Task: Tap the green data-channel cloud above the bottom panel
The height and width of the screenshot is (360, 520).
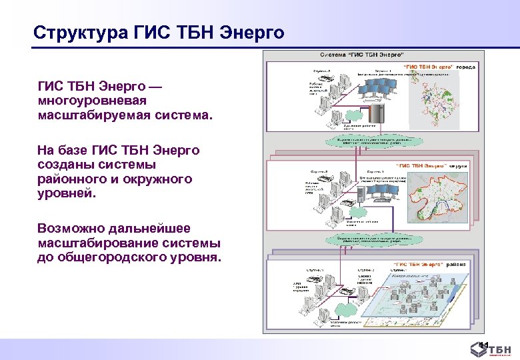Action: tap(368, 240)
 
